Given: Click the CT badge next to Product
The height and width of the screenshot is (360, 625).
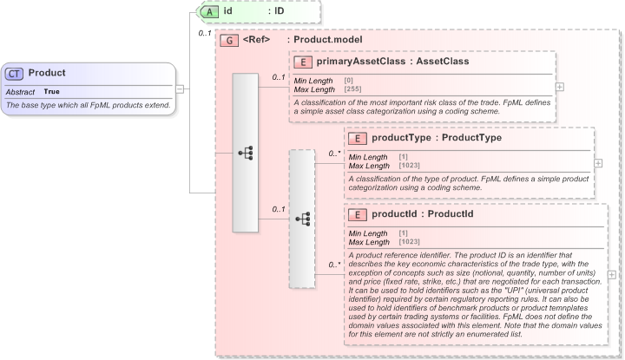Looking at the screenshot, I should tap(16, 74).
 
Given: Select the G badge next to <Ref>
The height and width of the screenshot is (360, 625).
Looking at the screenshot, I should tap(229, 40).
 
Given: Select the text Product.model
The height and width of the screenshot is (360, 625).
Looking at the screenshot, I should tap(328, 40).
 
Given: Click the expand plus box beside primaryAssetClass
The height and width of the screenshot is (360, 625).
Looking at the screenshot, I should tap(560, 87).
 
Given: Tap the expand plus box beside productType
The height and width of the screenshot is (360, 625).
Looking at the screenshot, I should tap(599, 162).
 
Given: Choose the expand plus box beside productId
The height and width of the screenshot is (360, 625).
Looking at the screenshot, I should tap(613, 274).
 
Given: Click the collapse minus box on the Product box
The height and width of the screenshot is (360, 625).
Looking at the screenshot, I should tap(180, 88).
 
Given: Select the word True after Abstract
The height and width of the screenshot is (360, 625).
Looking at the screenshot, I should tap(52, 91).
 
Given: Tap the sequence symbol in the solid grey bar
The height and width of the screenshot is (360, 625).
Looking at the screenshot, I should tap(246, 153).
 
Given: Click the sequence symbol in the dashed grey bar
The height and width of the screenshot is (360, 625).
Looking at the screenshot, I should tap(302, 219).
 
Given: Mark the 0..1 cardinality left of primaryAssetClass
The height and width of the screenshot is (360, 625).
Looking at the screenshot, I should tap(279, 78).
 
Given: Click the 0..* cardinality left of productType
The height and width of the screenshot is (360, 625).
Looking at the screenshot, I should tap(334, 154).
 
